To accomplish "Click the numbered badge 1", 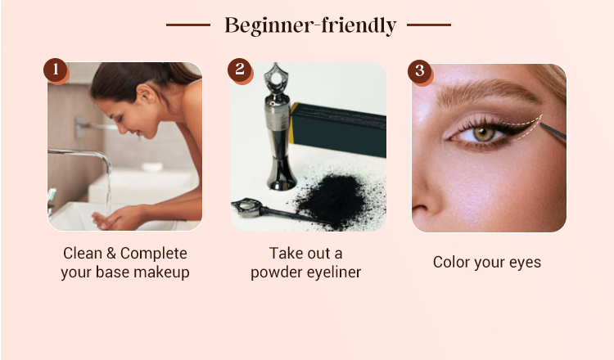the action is [56, 70].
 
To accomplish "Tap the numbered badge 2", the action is [240, 70].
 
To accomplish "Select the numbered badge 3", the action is [420, 71].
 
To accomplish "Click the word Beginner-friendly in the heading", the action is [310, 26].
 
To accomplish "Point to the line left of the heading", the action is [188, 25].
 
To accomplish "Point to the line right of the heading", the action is [429, 25].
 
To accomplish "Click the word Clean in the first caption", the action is [82, 253].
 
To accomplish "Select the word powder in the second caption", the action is [277, 272].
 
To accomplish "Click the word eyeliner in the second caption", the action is [334, 272].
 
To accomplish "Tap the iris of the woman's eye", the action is [485, 134].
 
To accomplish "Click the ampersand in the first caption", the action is [111, 253].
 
